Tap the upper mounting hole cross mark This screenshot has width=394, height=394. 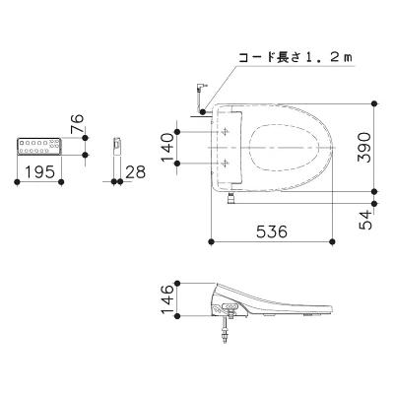point(227,130)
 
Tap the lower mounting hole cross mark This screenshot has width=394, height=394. point(227,162)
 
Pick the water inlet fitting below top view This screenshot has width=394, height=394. point(231,199)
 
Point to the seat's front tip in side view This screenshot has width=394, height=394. point(335,313)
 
